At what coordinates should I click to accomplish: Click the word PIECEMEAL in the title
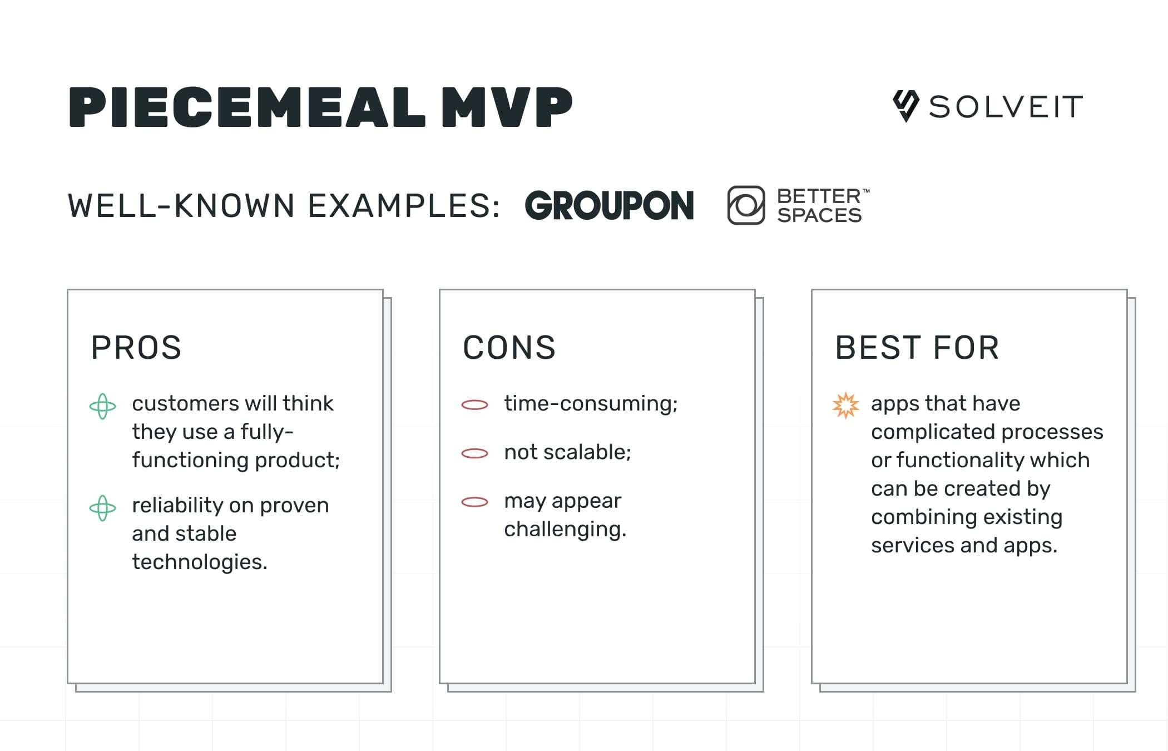pos(246,107)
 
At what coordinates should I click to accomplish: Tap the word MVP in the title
pos(507,107)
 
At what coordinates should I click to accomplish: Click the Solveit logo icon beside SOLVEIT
pos(905,106)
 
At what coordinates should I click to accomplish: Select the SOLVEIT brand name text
pos(1006,107)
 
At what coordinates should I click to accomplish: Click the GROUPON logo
pos(609,206)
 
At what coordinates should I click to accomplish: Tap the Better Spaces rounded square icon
pos(746,205)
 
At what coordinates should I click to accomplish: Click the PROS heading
pos(136,348)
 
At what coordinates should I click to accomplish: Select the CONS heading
pos(509,348)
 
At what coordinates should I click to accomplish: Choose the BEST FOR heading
pos(917,348)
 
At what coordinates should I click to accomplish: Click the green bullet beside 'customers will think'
pos(103,406)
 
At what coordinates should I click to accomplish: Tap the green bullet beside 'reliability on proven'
pos(103,508)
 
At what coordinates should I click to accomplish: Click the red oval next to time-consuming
pos(474,405)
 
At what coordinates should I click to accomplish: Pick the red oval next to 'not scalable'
pos(474,454)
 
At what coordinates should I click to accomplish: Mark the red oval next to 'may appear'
pos(474,502)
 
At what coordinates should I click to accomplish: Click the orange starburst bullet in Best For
pos(845,405)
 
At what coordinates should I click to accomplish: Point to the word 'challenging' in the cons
pos(564,530)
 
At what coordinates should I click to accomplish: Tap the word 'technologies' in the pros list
pos(199,562)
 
